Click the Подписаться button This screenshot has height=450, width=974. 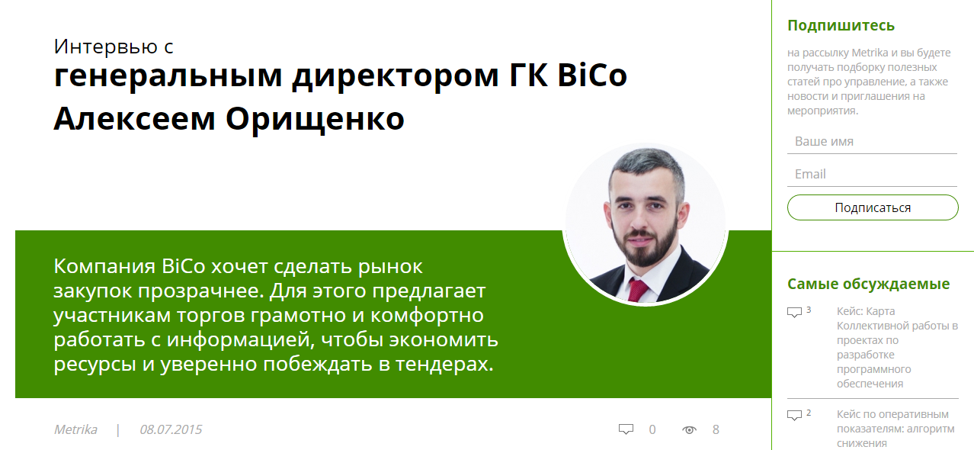point(873,207)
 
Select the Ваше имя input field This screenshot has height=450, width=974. point(872,141)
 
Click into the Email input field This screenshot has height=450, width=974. point(872,174)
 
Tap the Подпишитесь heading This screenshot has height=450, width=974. point(841,26)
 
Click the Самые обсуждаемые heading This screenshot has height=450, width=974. point(868,284)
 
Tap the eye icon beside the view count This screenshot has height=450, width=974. point(689,430)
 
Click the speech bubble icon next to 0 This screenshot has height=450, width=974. point(626,429)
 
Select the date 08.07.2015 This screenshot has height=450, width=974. point(171,429)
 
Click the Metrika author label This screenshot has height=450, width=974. point(75,429)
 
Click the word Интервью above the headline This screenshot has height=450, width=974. point(106,47)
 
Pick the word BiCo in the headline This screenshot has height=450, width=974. point(592,76)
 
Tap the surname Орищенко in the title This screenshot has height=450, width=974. point(316,119)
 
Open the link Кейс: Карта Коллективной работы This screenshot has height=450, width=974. point(897,347)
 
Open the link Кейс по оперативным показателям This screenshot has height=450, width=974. point(896,429)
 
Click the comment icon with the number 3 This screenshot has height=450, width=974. point(794,313)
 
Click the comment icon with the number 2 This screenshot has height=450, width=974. point(794,415)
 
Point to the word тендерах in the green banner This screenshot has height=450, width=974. point(444,364)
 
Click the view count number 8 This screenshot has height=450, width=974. point(716,430)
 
